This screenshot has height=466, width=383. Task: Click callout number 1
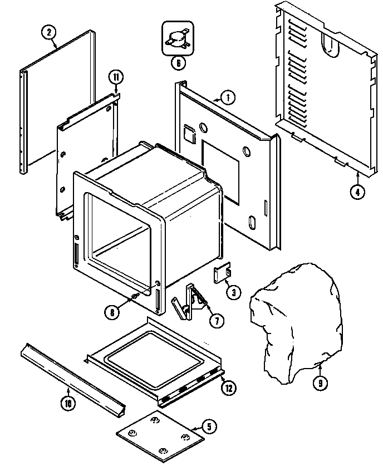[228, 97]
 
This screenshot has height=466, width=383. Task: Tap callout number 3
[233, 292]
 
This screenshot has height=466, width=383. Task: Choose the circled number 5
[208, 427]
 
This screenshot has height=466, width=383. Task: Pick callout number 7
[215, 320]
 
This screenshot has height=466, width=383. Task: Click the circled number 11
[115, 78]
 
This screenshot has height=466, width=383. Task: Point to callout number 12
[228, 388]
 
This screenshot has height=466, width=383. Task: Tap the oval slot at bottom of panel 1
[252, 223]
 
